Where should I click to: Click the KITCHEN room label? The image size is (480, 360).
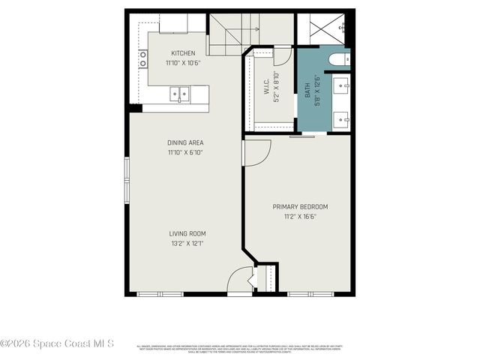coord(183,53)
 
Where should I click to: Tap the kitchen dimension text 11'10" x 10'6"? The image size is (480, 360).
coord(183,63)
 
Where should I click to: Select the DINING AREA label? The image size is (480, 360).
coord(185,142)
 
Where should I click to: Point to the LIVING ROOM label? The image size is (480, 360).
coord(187,233)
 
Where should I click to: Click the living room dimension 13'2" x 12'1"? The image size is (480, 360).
coord(187,243)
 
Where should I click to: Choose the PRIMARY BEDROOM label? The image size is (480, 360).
coord(300,207)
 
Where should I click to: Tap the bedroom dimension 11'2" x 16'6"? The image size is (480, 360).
coord(300,217)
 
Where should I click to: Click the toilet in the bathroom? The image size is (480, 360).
coord(336,58)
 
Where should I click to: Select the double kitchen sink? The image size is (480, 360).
coord(178,94)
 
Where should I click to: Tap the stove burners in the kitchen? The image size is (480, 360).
coord(142,58)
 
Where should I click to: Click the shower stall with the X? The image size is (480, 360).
coord(323,28)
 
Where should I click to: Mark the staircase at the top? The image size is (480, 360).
coord(234,34)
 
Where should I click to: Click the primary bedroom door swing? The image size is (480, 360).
coord(255,152)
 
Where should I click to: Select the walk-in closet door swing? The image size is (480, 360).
coord(283,55)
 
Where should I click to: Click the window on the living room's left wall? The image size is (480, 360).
coord(127,180)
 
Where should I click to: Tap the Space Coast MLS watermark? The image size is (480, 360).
coord(57,343)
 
